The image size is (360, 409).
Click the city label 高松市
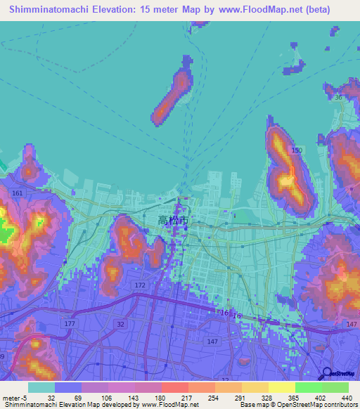pos(173,220)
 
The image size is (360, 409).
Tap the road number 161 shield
pos(18,193)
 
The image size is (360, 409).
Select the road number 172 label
pos(140,285)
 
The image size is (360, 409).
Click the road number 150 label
pos(297,151)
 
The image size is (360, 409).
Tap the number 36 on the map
pos(338,98)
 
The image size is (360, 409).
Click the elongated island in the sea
pos(172,96)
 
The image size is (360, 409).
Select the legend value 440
pos(345,397)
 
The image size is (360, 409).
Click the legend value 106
pos(105,397)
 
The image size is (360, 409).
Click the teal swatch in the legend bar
pos(41,387)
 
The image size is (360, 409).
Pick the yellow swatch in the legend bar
pos(281,387)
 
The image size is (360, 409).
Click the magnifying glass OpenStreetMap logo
pos(327,375)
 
